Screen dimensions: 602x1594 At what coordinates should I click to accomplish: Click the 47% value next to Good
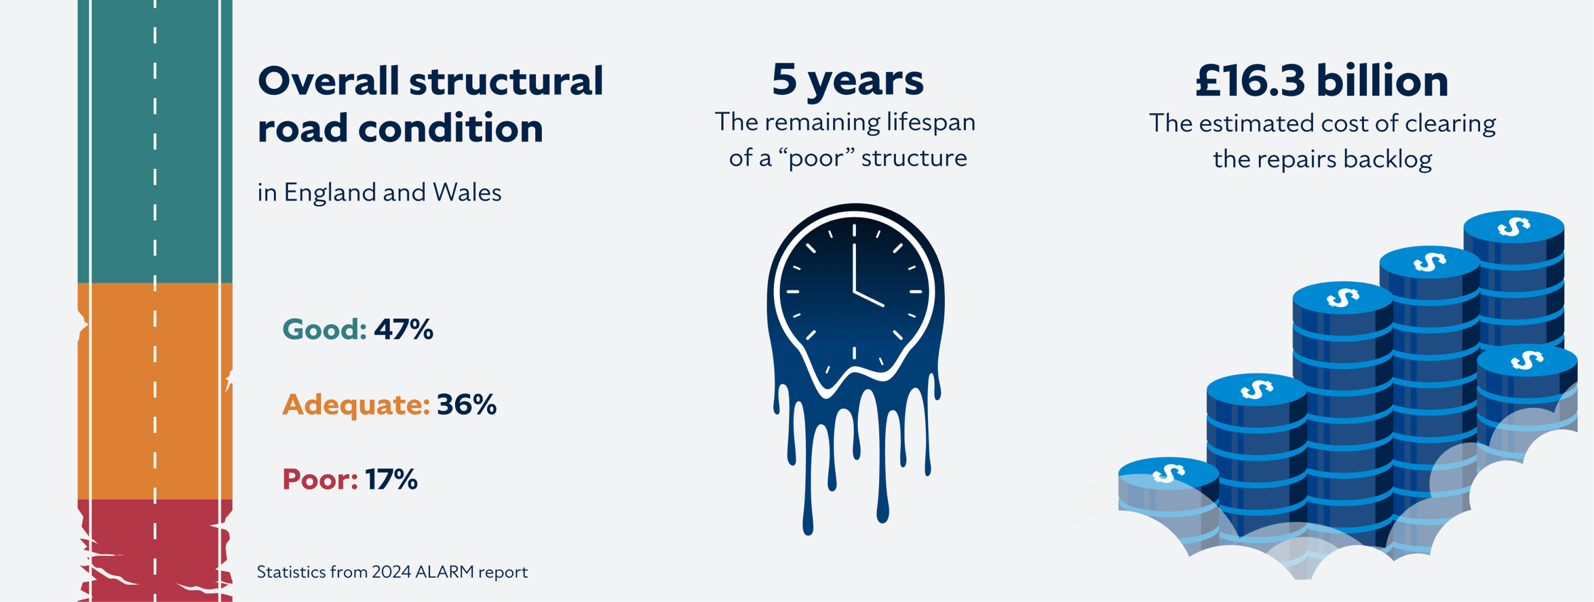[403, 329]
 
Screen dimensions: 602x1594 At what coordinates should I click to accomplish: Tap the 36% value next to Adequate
[467, 405]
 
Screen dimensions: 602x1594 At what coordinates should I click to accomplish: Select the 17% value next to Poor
[391, 480]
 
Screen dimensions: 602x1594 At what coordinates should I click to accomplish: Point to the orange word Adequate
[355, 405]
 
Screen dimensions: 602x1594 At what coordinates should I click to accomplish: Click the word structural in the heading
[506, 81]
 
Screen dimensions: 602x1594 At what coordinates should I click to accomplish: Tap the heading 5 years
[847, 79]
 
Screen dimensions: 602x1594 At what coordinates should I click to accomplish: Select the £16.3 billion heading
[1321, 81]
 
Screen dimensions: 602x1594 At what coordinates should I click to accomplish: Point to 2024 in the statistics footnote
[391, 572]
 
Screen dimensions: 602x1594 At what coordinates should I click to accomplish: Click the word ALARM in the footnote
[444, 572]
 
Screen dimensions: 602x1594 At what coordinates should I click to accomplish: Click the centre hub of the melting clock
[855, 292]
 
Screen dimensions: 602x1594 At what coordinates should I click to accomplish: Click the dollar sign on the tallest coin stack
[1513, 226]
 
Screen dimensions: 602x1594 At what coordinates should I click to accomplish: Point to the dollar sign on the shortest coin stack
[1168, 473]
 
